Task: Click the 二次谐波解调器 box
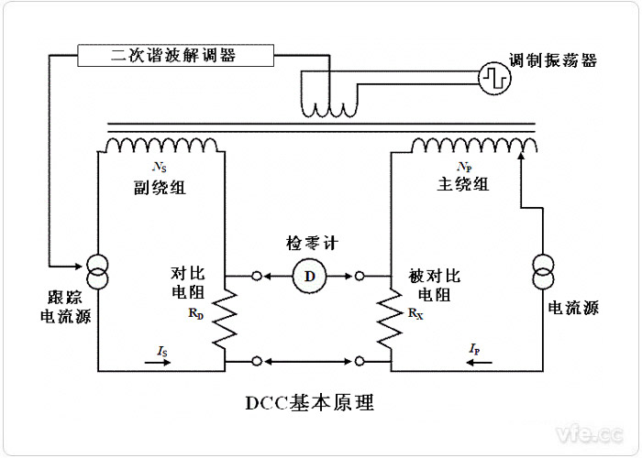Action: click(173, 55)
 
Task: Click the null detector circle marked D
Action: click(309, 275)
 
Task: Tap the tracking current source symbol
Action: click(98, 272)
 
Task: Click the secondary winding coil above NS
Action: click(161, 145)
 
